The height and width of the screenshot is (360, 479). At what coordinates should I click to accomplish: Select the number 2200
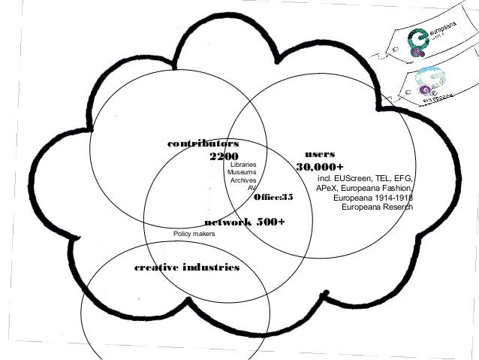[x=223, y=156]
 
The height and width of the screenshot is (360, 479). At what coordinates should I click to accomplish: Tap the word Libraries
[x=243, y=164]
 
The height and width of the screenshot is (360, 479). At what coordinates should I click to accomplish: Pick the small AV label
[x=252, y=189]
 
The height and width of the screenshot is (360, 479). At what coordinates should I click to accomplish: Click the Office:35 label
[x=273, y=197]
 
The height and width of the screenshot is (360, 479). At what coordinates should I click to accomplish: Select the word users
[x=320, y=153]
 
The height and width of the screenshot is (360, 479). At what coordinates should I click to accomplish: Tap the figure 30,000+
[x=320, y=166]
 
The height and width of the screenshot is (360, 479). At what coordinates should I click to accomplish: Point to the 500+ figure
[x=271, y=222]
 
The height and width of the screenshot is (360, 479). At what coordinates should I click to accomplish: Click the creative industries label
[x=186, y=268]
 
